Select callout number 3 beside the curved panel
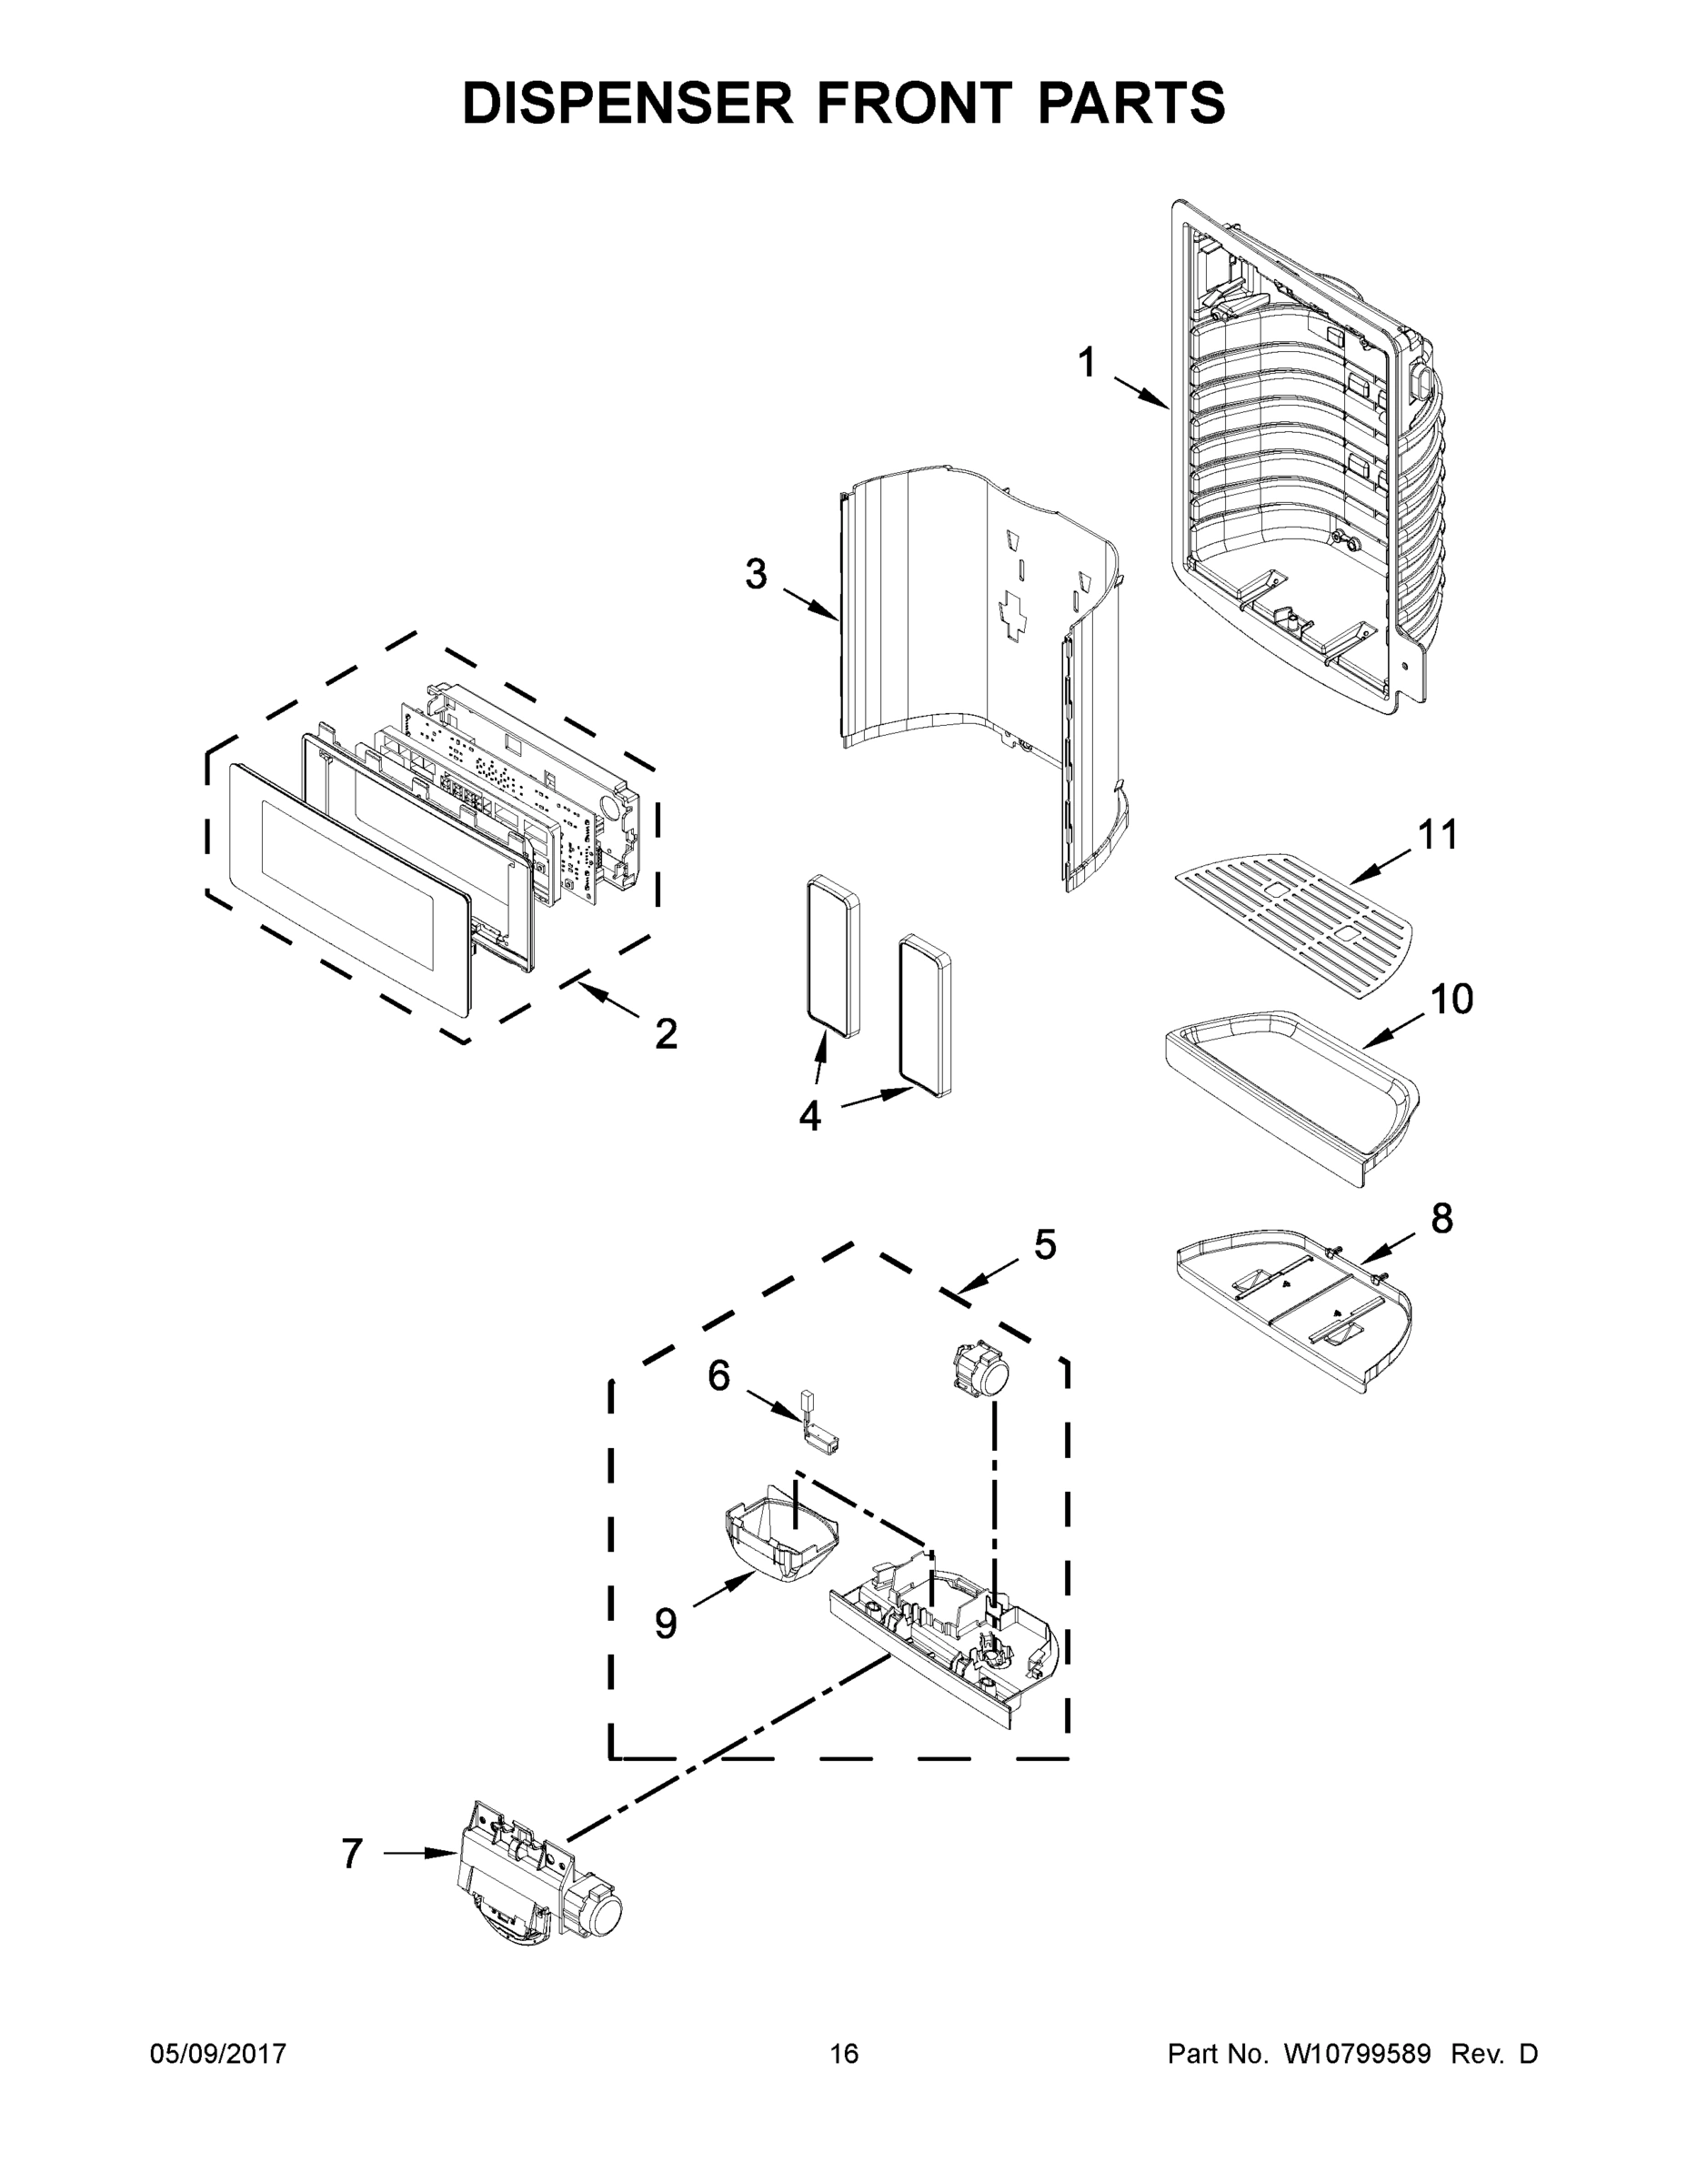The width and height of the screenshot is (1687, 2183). tap(756, 575)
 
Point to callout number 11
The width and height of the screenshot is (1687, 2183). tap(1438, 835)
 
